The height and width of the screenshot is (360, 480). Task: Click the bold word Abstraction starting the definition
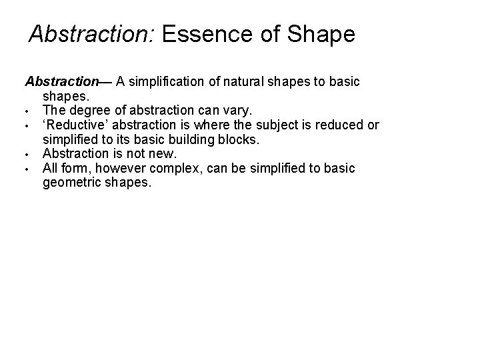[61, 81]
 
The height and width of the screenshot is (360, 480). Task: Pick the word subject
[276, 125]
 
